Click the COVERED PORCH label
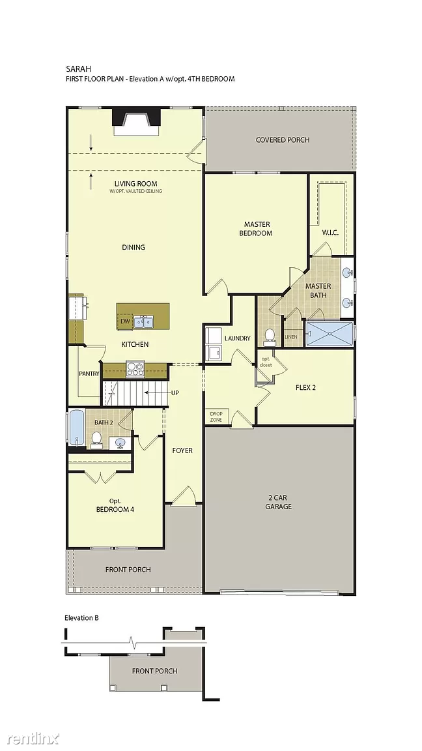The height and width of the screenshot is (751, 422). click(282, 140)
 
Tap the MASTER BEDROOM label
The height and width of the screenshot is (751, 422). click(258, 228)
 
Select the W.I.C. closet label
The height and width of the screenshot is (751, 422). click(330, 233)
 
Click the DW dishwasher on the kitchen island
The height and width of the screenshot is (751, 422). click(125, 321)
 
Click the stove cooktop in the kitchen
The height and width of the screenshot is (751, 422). click(135, 368)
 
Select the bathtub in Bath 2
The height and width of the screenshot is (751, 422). click(77, 427)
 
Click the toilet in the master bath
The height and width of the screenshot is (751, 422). click(270, 336)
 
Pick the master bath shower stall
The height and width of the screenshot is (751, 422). click(330, 334)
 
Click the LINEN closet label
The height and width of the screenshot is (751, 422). click(291, 336)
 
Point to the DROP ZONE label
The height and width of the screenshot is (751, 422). click(216, 416)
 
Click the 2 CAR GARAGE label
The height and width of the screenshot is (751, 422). click(279, 502)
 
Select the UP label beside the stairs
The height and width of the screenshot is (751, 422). click(175, 392)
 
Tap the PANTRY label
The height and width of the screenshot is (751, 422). click(89, 374)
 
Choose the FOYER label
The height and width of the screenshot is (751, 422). click(182, 450)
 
